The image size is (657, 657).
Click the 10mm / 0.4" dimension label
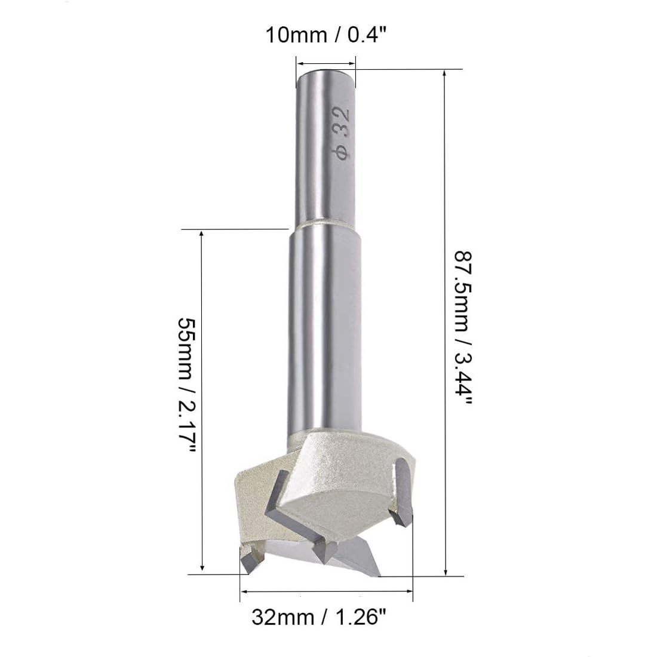pyautogui.click(x=326, y=35)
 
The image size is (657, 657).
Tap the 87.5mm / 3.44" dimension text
pyautogui.click(x=463, y=328)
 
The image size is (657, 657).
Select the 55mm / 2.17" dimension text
pyautogui.click(x=187, y=385)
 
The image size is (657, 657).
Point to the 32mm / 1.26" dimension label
pyautogui.click(x=319, y=617)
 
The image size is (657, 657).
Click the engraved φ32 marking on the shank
pyautogui.click(x=341, y=133)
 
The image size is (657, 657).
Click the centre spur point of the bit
pyautogui.click(x=323, y=552)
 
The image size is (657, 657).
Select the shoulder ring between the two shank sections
pyautogui.click(x=326, y=225)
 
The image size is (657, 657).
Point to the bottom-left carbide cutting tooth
pyautogui.click(x=252, y=559)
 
